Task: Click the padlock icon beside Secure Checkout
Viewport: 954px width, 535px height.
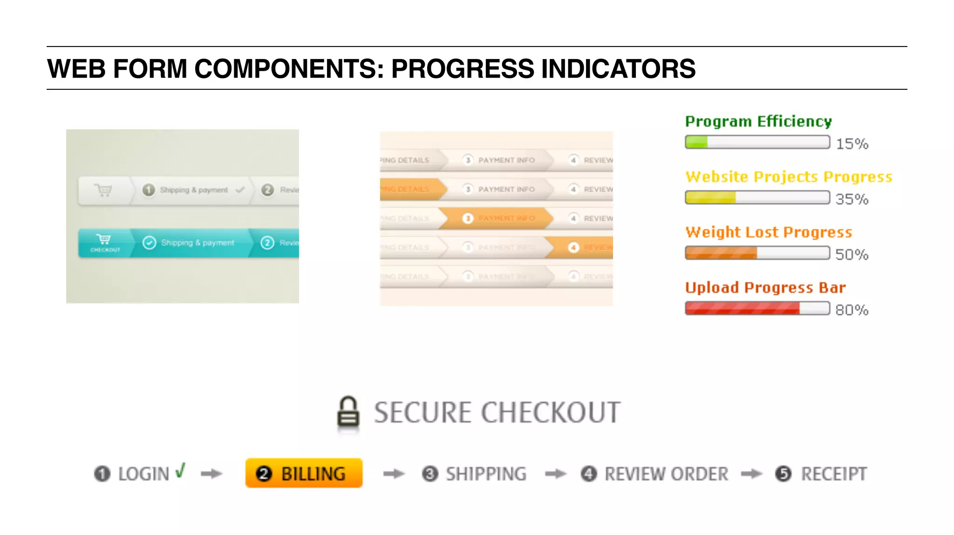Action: [x=348, y=412]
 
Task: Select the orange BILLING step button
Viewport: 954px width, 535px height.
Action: [x=304, y=474]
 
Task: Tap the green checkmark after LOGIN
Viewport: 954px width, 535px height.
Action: [x=180, y=471]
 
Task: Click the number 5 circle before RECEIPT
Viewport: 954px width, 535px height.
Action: [x=783, y=474]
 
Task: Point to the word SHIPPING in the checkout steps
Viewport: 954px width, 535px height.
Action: [x=486, y=474]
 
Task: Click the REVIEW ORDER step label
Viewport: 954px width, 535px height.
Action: [x=666, y=474]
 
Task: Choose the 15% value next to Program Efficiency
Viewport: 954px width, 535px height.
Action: [x=852, y=144]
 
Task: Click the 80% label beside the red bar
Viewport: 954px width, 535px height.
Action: [x=852, y=310]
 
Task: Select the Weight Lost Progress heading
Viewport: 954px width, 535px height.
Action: [x=769, y=232]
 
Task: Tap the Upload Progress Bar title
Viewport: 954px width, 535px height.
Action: [x=765, y=288]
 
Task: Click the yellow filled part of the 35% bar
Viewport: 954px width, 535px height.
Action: [x=710, y=198]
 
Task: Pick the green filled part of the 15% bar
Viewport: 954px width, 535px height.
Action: [x=696, y=142]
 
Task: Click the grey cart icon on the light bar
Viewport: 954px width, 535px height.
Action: [x=103, y=190]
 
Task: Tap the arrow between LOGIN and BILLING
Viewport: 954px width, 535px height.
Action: [x=211, y=474]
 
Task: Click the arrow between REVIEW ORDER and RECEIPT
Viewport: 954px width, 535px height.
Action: [x=751, y=474]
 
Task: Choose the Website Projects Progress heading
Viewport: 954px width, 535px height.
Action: [x=789, y=177]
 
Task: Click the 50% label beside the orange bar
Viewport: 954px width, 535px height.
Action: [x=852, y=254]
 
